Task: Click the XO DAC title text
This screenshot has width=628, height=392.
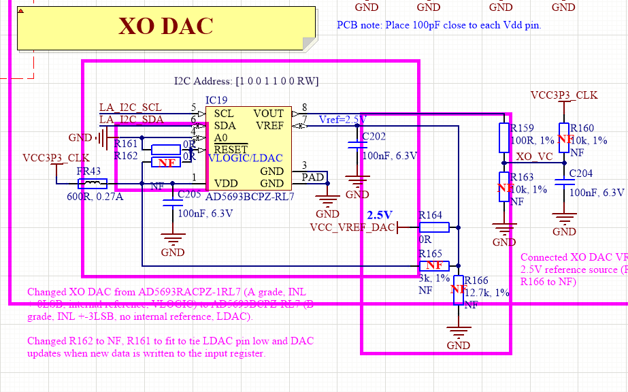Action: coord(165,26)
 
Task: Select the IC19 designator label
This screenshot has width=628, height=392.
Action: coord(216,100)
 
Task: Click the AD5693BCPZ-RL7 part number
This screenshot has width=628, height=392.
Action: coord(250,197)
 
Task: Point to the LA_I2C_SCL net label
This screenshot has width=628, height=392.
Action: coord(131,108)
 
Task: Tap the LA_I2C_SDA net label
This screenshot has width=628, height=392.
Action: coord(131,120)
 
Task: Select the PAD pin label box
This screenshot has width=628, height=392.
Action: coord(313,177)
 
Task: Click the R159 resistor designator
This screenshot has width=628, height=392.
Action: coord(523,128)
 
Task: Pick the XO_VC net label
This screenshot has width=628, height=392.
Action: coord(534,156)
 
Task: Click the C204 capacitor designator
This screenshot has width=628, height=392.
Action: coord(581,173)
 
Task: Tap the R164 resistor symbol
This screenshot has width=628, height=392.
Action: coord(431,227)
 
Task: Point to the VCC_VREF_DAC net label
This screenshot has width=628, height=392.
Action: coord(352,227)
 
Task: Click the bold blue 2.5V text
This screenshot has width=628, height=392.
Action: coord(380,215)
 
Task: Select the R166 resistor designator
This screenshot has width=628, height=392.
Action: coord(476,280)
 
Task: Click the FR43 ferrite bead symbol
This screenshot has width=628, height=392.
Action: coord(93,183)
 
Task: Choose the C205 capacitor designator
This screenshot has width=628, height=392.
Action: coord(188,195)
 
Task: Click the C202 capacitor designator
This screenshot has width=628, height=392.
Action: coord(374,137)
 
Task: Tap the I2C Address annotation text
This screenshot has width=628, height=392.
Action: coord(246,82)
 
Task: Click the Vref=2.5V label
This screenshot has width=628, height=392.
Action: coord(342,120)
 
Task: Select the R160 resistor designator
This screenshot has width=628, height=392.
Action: coord(582,128)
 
